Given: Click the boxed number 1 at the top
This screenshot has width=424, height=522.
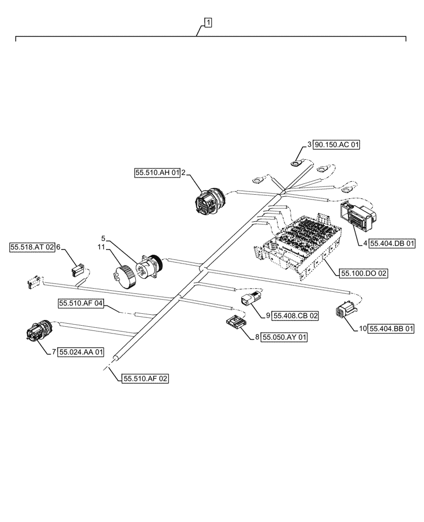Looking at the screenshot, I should coord(208,22).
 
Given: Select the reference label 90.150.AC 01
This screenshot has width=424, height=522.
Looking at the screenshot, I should coord(337,145).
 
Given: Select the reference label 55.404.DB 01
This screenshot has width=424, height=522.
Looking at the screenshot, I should coord(392,243).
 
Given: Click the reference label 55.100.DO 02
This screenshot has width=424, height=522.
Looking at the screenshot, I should coord(364,273).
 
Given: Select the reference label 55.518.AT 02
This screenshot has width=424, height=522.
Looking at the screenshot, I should coord(32,247).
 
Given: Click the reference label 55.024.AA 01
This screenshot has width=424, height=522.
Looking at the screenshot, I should coord(81,352).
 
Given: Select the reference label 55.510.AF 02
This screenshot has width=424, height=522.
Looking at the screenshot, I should coord(146,379).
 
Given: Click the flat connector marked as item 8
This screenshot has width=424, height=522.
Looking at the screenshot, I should coord(235,324).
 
